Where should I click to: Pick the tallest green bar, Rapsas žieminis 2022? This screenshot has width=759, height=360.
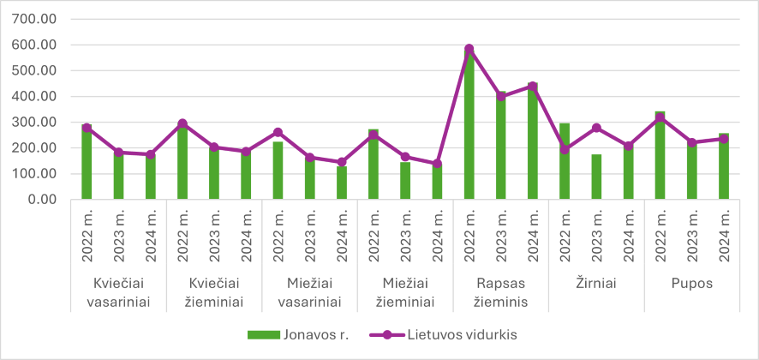coord(469,124)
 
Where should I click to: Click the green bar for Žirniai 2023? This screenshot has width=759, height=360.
coord(597,177)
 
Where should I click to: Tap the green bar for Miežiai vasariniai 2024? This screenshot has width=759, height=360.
coord(342,183)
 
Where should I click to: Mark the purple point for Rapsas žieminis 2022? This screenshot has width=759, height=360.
coord(469,49)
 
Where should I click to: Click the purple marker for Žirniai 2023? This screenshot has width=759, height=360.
coord(597,128)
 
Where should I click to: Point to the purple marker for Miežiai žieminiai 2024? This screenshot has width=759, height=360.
coord(437,163)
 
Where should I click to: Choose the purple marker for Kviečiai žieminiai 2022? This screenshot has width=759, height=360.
coord(182,123)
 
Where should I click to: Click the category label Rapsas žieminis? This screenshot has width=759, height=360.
coord(501,291)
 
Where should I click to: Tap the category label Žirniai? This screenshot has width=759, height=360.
coord(596,282)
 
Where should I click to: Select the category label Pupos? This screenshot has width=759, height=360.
coord(692,282)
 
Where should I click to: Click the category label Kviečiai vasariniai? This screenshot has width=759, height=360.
coord(118,291)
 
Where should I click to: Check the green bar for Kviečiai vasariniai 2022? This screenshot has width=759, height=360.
coord(87,162)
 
